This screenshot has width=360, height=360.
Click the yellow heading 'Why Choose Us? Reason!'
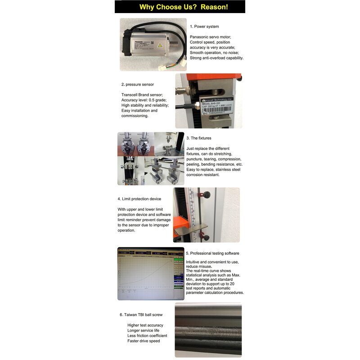[x=183, y=7]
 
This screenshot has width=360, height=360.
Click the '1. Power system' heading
[x=204, y=27]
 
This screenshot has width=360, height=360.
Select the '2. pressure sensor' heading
[x=137, y=84]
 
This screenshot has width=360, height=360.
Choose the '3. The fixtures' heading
[x=198, y=138]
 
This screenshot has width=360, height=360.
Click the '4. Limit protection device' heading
[x=139, y=198]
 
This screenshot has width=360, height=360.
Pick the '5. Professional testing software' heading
[x=212, y=253]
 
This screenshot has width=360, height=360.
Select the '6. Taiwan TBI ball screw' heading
[x=141, y=315]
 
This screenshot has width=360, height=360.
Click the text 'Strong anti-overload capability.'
[x=216, y=58]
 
